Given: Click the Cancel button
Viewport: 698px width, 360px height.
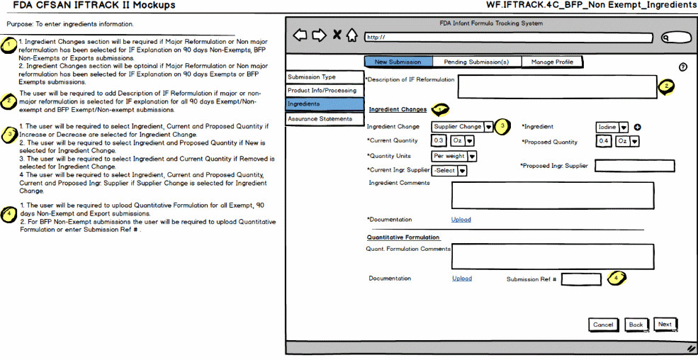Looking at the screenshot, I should (x=603, y=325).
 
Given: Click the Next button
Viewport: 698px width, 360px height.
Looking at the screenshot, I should (x=665, y=325).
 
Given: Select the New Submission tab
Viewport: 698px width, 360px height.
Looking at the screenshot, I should (x=398, y=62).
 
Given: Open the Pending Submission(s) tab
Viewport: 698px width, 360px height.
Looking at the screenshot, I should (x=476, y=62).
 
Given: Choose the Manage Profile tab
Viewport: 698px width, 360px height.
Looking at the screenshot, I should (x=553, y=62).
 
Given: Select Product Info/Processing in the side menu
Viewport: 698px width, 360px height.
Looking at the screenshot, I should (x=322, y=91).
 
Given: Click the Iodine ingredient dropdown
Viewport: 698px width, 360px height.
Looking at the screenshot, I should (x=612, y=127).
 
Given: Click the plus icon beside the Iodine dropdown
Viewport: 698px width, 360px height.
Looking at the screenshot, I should (x=637, y=128).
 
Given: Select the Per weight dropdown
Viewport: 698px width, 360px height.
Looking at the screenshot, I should (x=454, y=156).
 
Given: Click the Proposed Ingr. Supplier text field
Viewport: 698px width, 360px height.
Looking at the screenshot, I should (x=634, y=166).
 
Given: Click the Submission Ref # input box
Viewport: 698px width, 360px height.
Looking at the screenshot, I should (x=581, y=279).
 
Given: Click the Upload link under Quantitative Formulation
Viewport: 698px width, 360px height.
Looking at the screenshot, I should (x=462, y=279).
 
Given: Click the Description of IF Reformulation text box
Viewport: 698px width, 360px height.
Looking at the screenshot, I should (x=557, y=86).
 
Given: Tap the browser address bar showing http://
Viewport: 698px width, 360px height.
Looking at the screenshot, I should (x=507, y=37).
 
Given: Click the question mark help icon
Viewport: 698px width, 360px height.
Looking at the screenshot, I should (x=683, y=67).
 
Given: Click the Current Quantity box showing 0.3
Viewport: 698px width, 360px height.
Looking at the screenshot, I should (x=439, y=141).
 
